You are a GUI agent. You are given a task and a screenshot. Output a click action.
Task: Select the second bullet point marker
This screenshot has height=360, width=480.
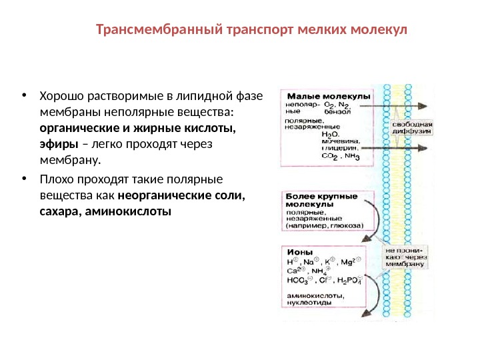(x=24, y=179)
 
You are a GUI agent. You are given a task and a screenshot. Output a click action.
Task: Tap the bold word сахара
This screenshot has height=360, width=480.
(x=59, y=212)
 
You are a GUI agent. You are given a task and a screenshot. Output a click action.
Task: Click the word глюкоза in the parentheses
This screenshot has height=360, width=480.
(x=345, y=226)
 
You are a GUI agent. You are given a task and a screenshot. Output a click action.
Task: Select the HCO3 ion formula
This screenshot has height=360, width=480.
(x=300, y=280)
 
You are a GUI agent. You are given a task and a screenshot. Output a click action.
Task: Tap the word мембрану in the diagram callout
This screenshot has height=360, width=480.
(x=403, y=264)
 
